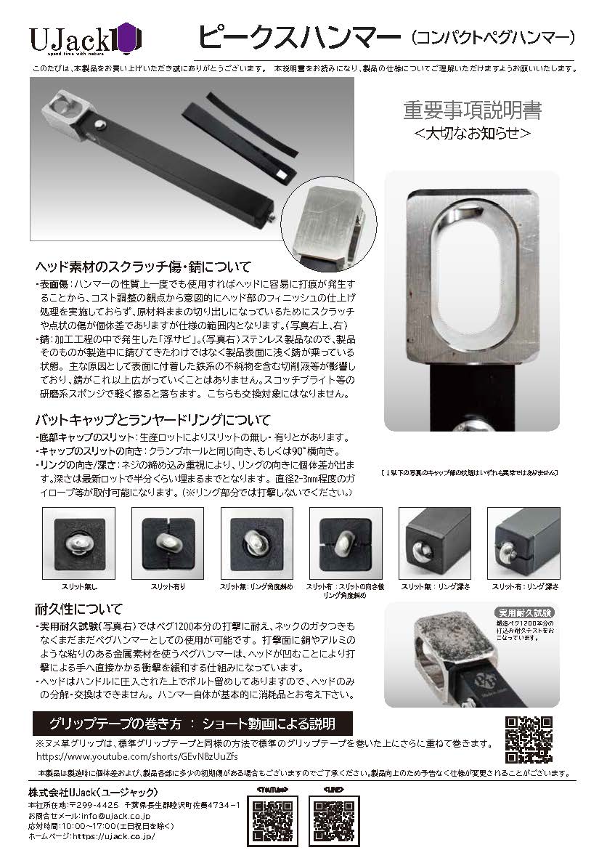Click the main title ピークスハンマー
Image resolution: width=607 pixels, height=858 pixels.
[298, 35]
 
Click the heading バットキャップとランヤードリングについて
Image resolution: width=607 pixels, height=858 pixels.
[152, 420]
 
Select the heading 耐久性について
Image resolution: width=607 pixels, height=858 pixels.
[78, 608]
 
